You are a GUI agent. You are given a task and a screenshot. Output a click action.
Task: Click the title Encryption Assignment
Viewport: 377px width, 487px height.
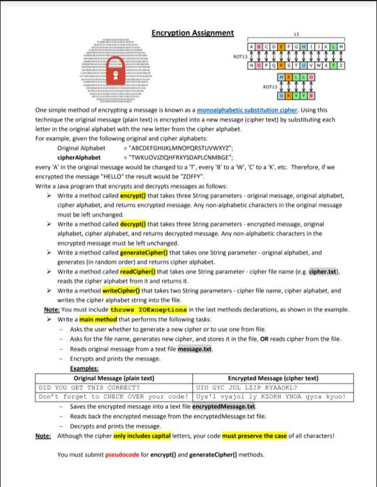tap(193, 33)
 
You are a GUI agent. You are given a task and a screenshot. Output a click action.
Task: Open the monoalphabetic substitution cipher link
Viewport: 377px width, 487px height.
tap(247, 110)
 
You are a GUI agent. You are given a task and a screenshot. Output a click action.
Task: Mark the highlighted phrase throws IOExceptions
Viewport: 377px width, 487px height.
tap(149, 309)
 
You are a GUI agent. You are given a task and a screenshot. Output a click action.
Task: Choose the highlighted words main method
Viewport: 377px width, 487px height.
tap(98, 319)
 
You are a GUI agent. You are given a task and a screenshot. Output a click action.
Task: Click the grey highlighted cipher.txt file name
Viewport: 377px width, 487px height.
tap(324, 272)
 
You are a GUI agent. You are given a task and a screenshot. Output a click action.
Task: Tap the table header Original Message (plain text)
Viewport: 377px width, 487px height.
tap(114, 378)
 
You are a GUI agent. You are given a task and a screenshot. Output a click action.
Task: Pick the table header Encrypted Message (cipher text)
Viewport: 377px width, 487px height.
tap(273, 378)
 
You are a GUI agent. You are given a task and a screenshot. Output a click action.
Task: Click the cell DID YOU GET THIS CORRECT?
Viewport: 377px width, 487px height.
tap(89, 388)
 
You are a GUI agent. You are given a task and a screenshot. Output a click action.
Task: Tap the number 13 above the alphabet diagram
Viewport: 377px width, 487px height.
tap(296, 34)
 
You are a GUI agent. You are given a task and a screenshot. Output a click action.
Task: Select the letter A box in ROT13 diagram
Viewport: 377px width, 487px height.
tap(252, 46)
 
